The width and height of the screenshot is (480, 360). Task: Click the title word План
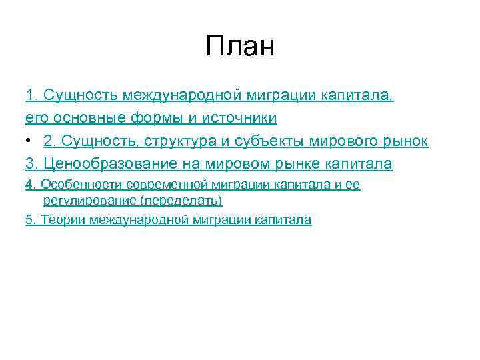(240, 47)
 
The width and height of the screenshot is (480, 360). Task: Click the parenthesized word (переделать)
(176, 199)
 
